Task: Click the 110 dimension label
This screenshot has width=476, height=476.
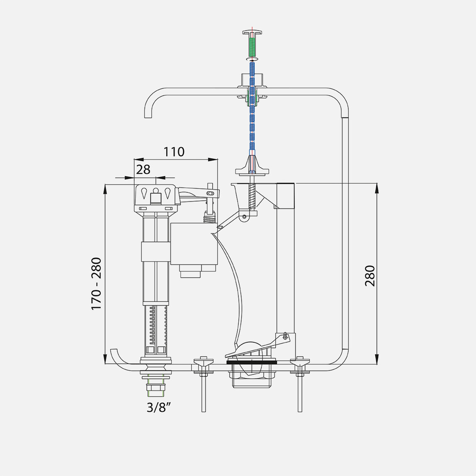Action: point(174,151)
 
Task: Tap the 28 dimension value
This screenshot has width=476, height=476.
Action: point(143,170)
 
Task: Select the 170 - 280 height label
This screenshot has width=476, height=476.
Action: point(97,284)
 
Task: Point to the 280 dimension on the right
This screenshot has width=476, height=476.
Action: point(370,276)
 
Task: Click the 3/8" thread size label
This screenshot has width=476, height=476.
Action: point(157,408)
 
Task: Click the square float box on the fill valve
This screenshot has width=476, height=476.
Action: point(194,244)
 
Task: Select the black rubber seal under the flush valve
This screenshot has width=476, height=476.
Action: point(252,362)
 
